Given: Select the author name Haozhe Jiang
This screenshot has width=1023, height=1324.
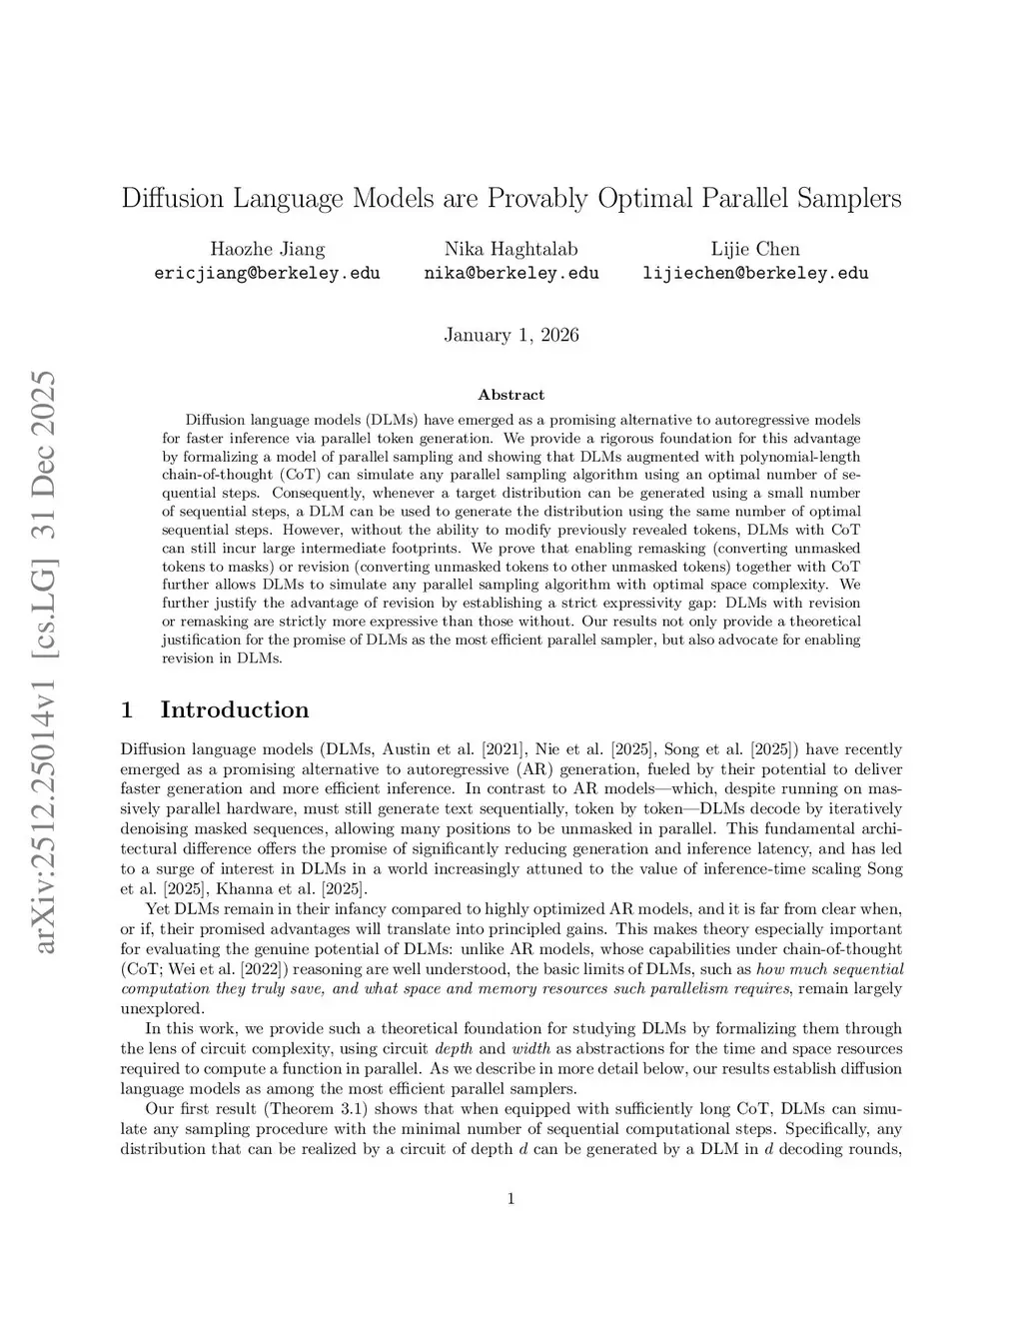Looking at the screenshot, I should point(267,249).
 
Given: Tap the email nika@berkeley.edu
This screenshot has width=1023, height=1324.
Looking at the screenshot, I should point(511,273).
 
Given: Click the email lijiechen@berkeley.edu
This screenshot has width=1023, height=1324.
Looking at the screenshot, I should point(755,273).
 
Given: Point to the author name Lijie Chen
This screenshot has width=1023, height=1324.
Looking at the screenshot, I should point(755,249).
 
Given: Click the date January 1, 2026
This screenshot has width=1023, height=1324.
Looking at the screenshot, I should point(511,335).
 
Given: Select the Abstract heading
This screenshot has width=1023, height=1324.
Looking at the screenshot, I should point(511,395).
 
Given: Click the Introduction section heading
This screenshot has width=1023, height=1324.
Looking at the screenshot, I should point(235,710).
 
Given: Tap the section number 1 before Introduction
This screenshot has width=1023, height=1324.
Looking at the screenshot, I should point(127,710).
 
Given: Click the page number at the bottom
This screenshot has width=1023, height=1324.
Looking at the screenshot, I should point(511,1199).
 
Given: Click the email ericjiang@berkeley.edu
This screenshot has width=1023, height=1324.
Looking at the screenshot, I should point(267,273).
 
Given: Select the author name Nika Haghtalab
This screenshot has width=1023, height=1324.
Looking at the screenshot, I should point(511,249).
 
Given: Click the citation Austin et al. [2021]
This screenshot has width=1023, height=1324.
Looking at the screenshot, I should point(435,749).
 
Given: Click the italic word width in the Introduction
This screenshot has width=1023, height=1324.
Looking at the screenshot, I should point(528,1049).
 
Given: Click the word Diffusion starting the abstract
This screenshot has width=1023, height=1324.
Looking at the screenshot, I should point(215,420).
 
